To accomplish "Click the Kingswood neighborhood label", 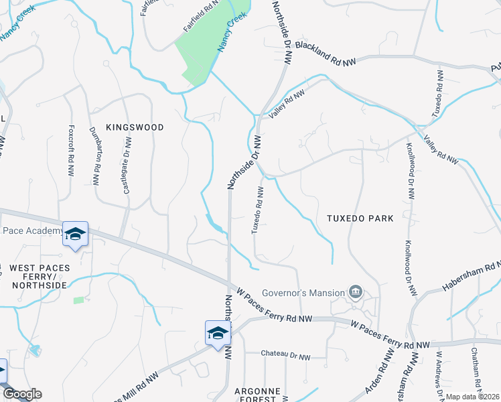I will pyautogui.click(x=135, y=127).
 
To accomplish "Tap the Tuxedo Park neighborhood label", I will pyautogui.click(x=360, y=218).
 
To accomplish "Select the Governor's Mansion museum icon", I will pyautogui.click(x=356, y=292).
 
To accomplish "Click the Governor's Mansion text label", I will pyautogui.click(x=303, y=292).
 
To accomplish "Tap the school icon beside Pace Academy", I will pyautogui.click(x=75, y=234).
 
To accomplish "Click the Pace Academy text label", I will pyautogui.click(x=32, y=231).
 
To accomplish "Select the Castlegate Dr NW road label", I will pyautogui.click(x=127, y=166).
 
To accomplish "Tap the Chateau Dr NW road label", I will pyautogui.click(x=286, y=356).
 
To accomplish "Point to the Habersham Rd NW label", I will pyautogui.click(x=471, y=275).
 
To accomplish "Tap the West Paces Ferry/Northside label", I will pyautogui.click(x=38, y=277).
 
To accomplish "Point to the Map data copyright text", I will pyautogui.click(x=472, y=397).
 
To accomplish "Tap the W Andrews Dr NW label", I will pyautogui.click(x=439, y=376).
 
